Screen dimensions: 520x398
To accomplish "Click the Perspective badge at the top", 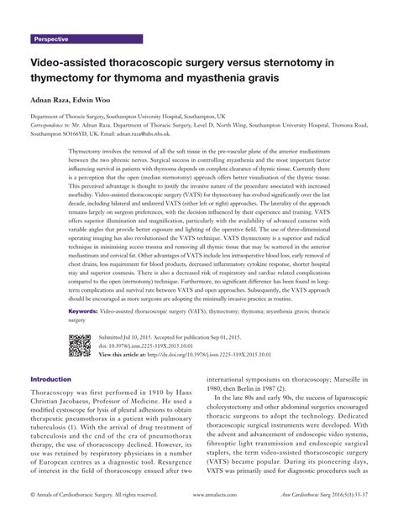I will [51, 39].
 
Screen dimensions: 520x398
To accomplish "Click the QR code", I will [80, 346].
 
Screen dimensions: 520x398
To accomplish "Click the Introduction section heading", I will [58, 378].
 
